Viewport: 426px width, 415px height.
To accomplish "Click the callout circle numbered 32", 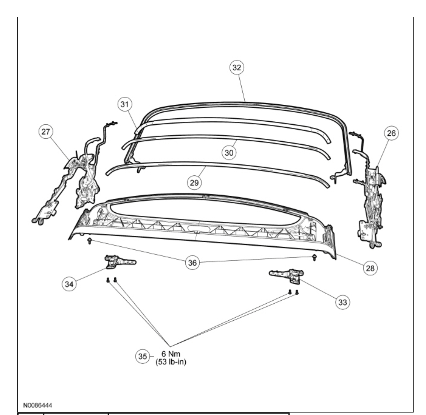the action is (x=236, y=67).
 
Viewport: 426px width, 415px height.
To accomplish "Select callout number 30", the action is (x=229, y=153).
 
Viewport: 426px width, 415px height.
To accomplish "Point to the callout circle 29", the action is (x=194, y=182).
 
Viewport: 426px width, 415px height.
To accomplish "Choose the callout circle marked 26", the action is (x=391, y=133).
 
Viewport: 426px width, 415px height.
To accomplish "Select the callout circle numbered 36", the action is (x=193, y=262).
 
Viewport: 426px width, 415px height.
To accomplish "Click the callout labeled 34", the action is (x=69, y=284).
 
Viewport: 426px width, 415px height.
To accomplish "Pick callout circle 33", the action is (x=342, y=302).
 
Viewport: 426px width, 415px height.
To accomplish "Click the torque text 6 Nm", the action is (x=171, y=354).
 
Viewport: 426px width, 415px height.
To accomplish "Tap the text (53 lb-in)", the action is (x=171, y=362).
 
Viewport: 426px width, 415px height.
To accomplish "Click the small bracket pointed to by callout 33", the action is (x=286, y=275).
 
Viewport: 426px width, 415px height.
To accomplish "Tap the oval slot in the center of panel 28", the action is (x=198, y=228).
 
